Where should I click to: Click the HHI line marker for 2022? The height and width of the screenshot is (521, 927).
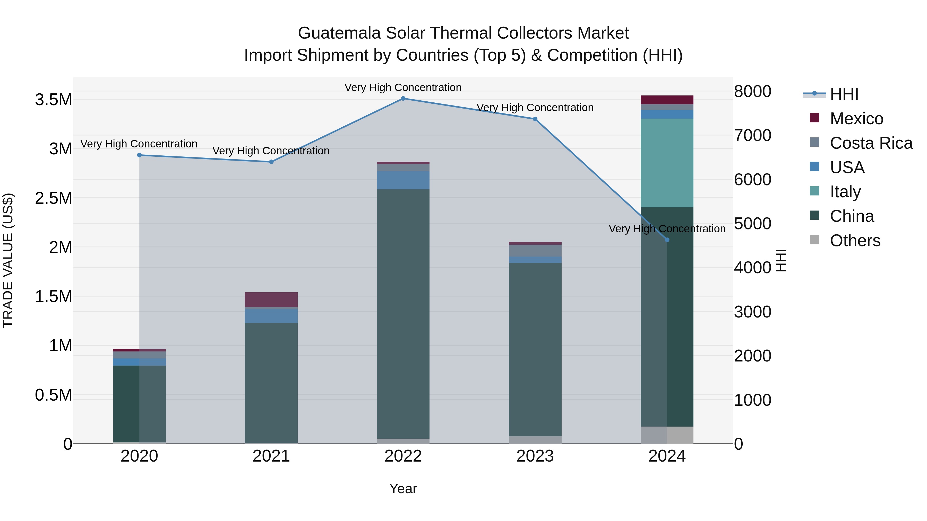click(403, 99)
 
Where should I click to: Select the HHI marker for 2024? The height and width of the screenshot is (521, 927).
click(667, 240)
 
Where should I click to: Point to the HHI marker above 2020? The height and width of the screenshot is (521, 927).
click(139, 155)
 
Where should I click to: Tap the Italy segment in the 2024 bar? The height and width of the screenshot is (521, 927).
click(667, 163)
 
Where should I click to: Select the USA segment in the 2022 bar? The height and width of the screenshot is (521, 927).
click(403, 180)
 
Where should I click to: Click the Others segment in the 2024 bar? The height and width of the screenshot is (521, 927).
click(667, 435)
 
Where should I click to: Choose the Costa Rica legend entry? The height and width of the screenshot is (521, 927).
click(871, 143)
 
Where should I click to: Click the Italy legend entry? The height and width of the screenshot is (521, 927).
click(845, 192)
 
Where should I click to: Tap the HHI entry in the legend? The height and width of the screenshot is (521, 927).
click(844, 94)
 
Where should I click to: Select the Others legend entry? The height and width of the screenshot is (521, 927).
click(855, 241)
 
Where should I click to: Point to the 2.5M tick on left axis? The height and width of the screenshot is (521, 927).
click(54, 198)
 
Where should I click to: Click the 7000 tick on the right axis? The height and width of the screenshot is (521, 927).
click(752, 136)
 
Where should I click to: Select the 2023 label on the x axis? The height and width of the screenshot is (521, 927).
click(535, 456)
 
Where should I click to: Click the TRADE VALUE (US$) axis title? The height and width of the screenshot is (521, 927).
click(8, 260)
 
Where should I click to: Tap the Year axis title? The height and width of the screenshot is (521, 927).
click(403, 489)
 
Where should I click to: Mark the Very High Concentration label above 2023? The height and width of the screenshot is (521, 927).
click(535, 108)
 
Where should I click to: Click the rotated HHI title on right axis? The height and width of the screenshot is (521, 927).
click(781, 260)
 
